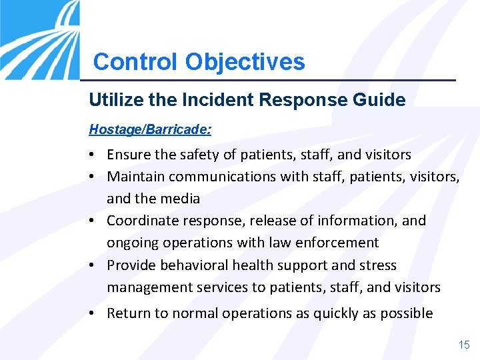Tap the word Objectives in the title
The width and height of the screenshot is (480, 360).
245,62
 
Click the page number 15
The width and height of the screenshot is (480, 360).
463,345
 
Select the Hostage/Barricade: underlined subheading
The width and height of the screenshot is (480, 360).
150,127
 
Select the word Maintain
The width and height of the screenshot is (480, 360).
135,177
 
